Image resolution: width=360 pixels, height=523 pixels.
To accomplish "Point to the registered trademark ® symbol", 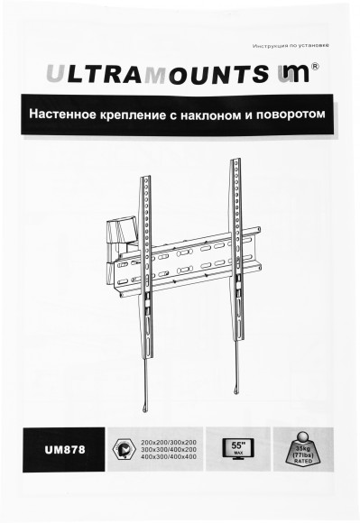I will click(314, 65).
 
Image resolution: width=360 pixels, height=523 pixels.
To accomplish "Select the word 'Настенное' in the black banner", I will click(65, 116).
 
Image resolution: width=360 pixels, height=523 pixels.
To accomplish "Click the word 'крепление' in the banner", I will click(145, 116).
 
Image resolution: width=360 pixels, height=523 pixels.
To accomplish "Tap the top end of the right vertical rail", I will click(236, 163).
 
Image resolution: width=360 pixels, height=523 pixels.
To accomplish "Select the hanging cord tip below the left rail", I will click(148, 395).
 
